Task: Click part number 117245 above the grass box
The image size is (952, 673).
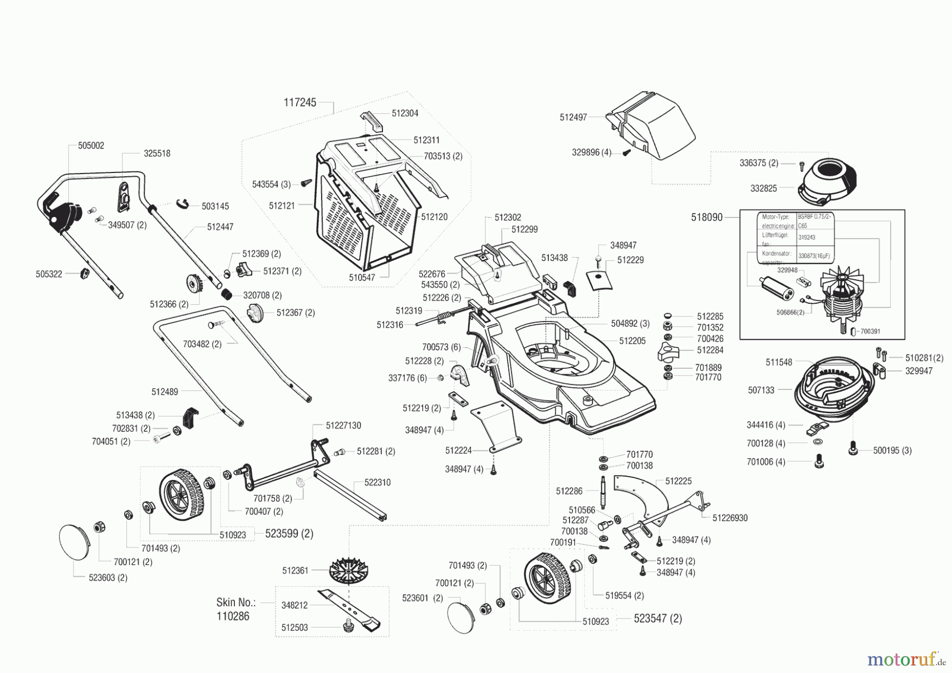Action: click(300, 103)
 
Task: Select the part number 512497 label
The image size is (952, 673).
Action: click(573, 117)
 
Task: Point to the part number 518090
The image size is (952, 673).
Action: click(707, 217)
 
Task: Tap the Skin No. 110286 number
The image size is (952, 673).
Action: click(233, 616)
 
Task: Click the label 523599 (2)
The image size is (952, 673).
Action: click(289, 534)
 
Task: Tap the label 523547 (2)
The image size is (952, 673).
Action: click(657, 619)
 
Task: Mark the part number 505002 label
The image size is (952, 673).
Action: click(91, 145)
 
